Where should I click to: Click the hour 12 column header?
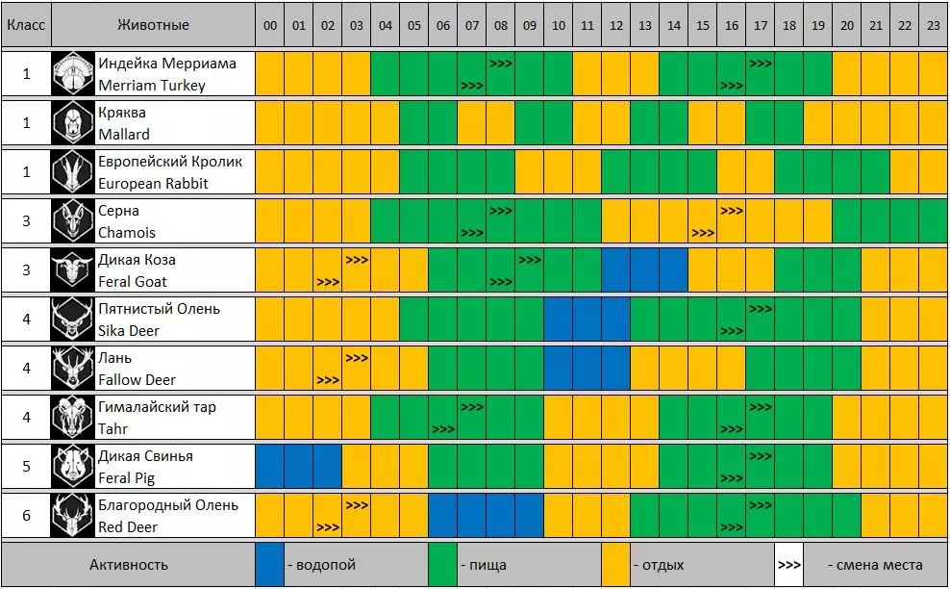(x=616, y=26)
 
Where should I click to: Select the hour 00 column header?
(x=270, y=26)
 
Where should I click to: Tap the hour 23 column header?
(x=933, y=26)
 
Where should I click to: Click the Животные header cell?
(x=154, y=26)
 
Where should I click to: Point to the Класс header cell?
(x=26, y=26)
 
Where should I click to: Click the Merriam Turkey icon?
(x=73, y=74)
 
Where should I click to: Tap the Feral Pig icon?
(x=73, y=467)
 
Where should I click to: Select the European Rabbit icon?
(x=73, y=172)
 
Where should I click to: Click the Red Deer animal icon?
(x=73, y=516)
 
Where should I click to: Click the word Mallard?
(x=124, y=135)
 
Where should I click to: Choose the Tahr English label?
(x=112, y=429)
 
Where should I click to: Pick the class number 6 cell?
(x=26, y=516)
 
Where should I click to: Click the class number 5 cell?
(x=26, y=467)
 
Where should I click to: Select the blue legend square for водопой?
(x=270, y=565)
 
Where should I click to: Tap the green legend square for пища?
(x=442, y=565)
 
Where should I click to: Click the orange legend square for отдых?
(x=616, y=565)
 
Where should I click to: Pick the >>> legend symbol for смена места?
(x=788, y=565)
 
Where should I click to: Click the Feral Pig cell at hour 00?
(x=270, y=467)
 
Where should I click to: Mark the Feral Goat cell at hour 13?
(x=645, y=270)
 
